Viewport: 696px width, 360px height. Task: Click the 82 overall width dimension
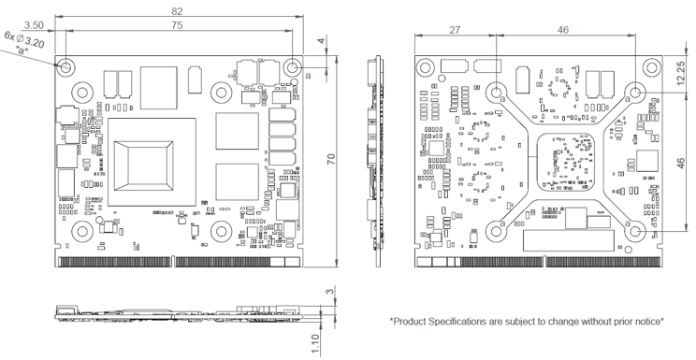177,11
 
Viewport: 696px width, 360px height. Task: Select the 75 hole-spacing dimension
177,25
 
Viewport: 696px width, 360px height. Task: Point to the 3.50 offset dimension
34,25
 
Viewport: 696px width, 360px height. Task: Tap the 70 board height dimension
331,159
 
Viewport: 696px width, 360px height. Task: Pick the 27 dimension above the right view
455,30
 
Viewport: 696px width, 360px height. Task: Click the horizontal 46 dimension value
563,30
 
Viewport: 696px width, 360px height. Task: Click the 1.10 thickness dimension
315,344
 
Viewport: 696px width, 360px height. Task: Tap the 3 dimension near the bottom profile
329,292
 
